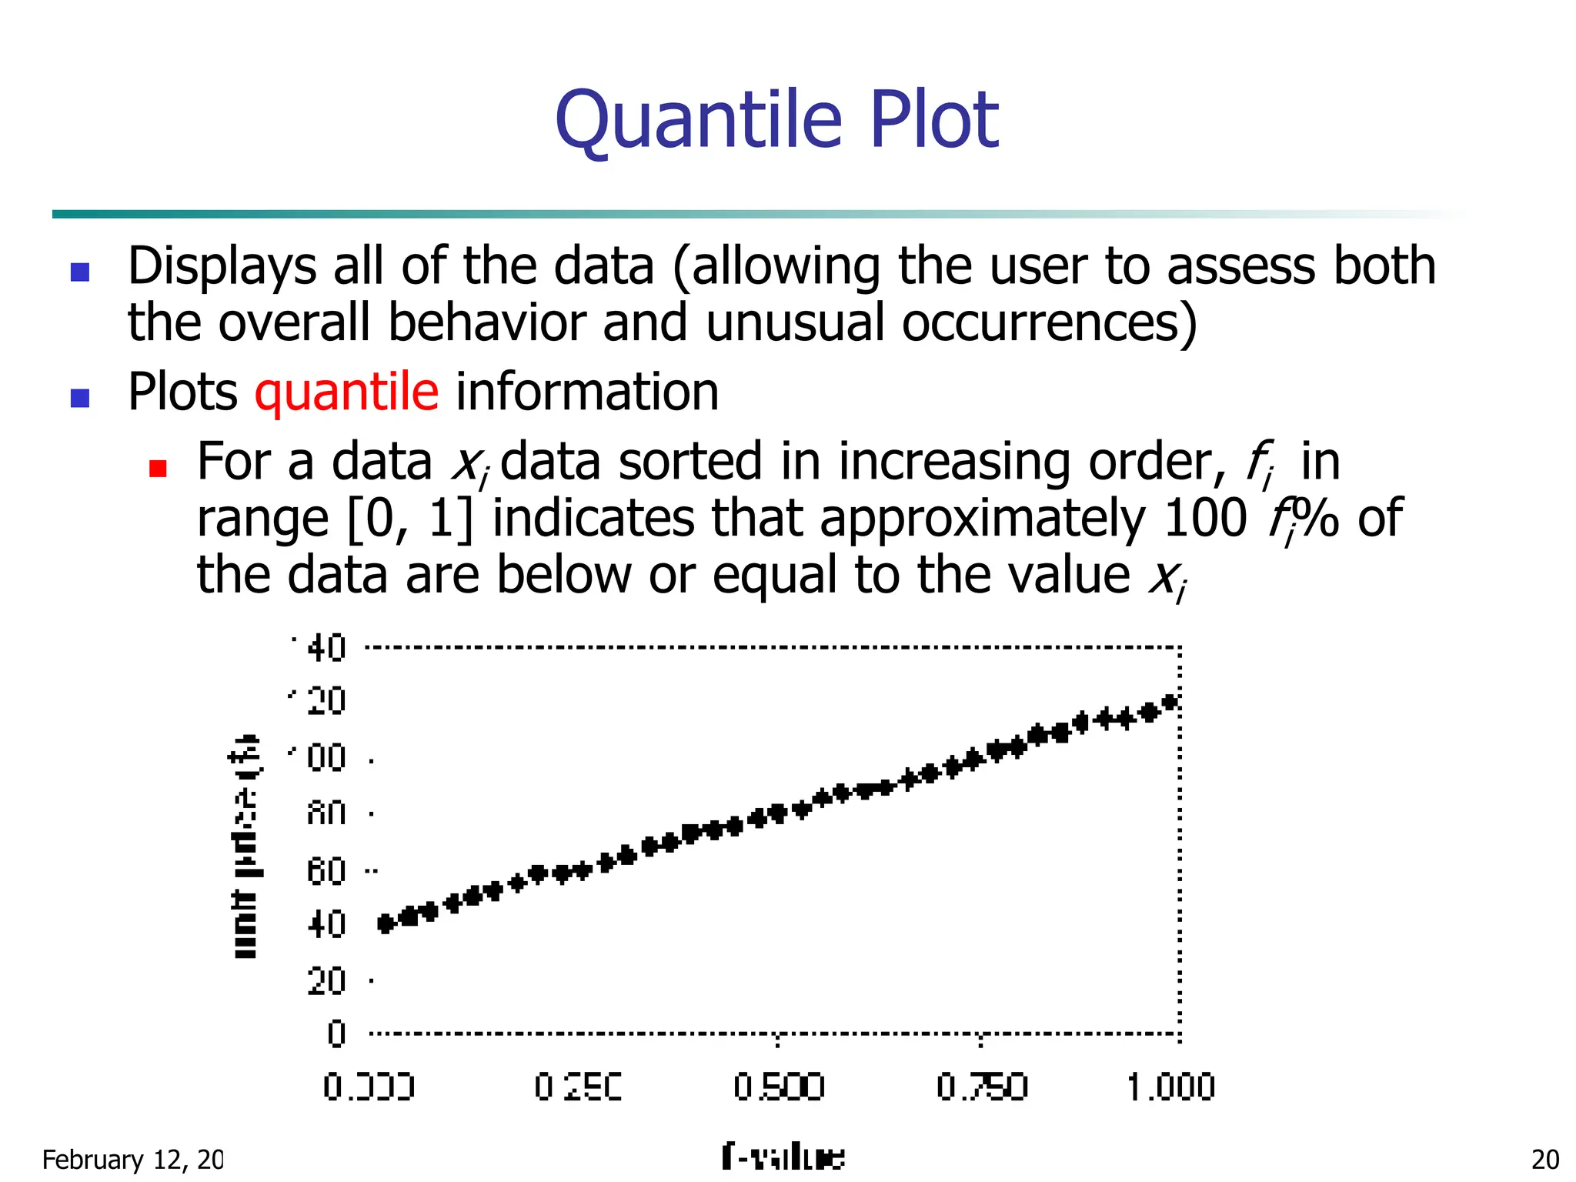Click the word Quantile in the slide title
699,121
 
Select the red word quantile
346,393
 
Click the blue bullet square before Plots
80,398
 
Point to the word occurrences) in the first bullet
1049,323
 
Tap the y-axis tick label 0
336,1033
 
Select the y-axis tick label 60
326,872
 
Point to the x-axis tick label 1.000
1170,1087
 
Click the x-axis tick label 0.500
779,1087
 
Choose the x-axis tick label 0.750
982,1087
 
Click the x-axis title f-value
783,1157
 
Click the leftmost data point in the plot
386,923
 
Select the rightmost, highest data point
1170,702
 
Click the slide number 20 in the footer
1545,1160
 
